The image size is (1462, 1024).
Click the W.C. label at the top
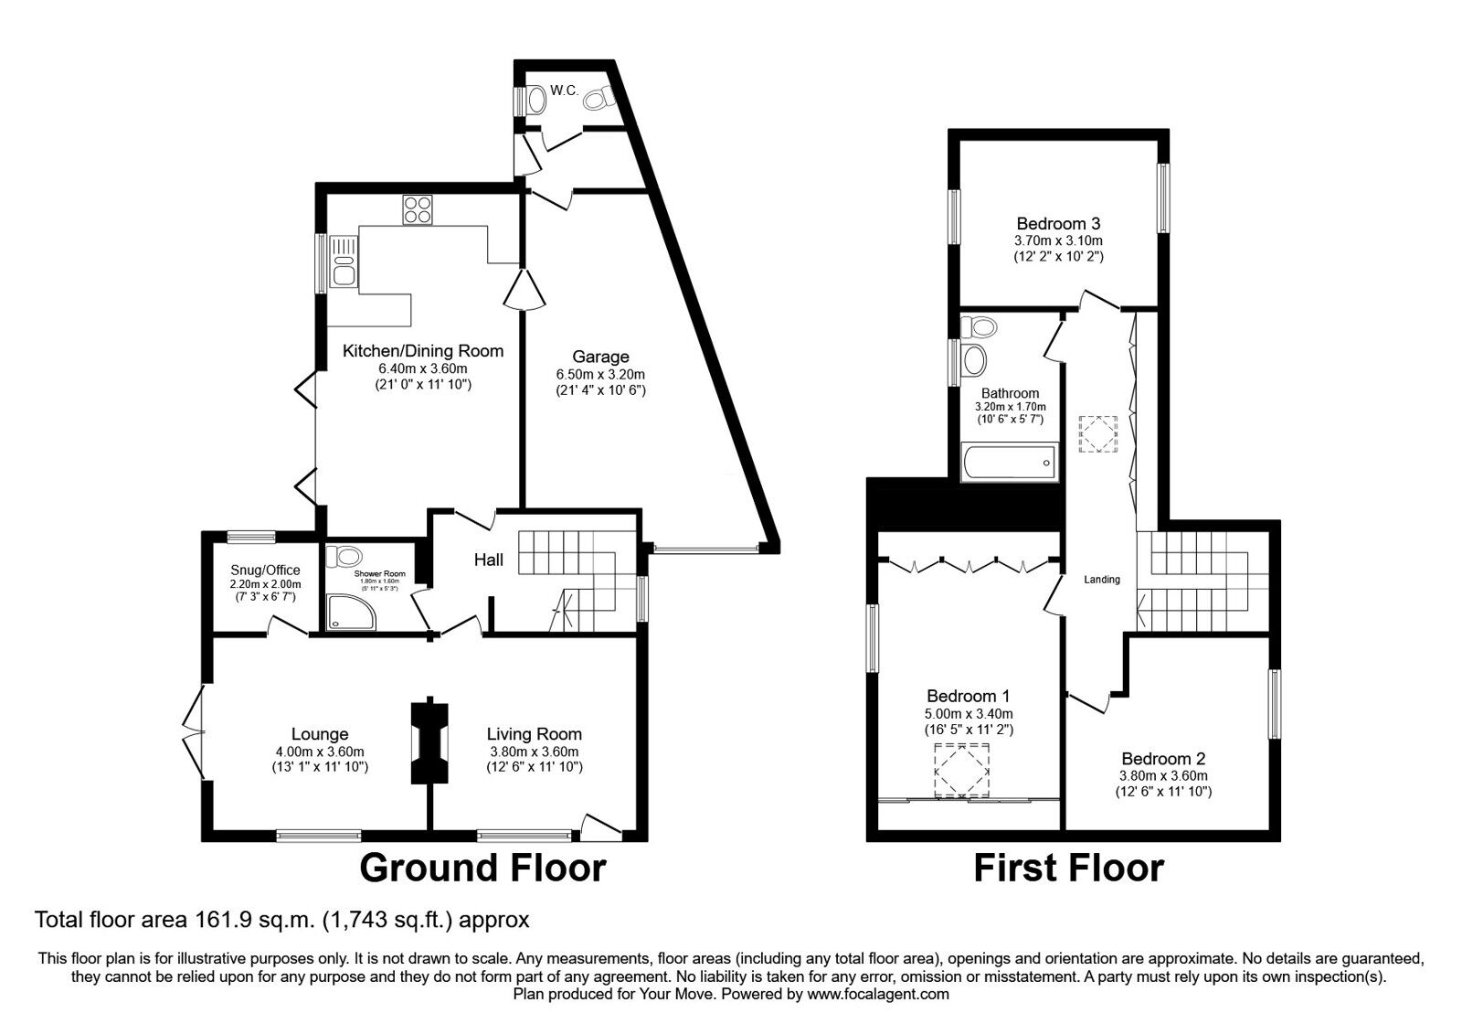point(562,91)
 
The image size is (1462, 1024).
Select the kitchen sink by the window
point(344,261)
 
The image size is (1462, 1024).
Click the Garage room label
point(600,357)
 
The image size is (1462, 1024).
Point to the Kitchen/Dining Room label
point(422,350)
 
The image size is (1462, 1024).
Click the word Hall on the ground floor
point(488,559)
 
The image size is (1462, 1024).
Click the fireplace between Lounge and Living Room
point(429,742)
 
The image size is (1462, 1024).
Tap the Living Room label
point(534,733)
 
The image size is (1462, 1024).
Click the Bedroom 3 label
point(1058,223)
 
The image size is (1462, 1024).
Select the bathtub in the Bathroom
point(1008,463)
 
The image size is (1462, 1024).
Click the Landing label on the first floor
point(1101,580)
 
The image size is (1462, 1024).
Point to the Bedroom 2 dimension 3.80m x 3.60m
point(1163,775)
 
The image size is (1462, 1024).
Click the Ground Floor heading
point(482,868)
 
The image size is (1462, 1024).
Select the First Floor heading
point(1068,868)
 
